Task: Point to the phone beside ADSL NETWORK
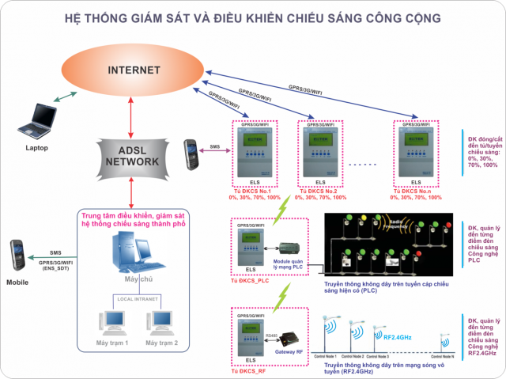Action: pos(191,152)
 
